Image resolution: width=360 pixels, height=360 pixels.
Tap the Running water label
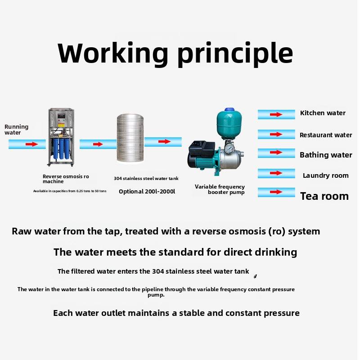tap(16, 130)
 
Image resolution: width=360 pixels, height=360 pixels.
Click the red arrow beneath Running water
tap(31, 144)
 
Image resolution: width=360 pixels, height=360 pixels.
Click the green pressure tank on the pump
tap(228, 124)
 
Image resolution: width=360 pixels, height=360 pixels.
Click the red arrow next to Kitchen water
tap(276, 114)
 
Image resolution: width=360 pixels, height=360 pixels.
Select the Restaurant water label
tap(326, 135)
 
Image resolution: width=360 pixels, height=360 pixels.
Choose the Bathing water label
tap(326, 155)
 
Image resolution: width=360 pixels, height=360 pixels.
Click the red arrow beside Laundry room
tap(276, 173)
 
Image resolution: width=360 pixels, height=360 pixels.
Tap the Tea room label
tap(324, 196)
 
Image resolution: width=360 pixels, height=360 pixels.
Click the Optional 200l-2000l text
tap(147, 192)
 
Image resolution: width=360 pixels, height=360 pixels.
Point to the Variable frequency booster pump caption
tap(220, 189)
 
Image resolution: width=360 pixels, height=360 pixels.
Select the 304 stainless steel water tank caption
tap(146, 179)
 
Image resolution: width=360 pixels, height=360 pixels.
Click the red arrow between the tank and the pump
tap(164, 141)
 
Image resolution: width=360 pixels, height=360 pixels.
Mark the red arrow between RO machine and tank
tap(98, 144)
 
